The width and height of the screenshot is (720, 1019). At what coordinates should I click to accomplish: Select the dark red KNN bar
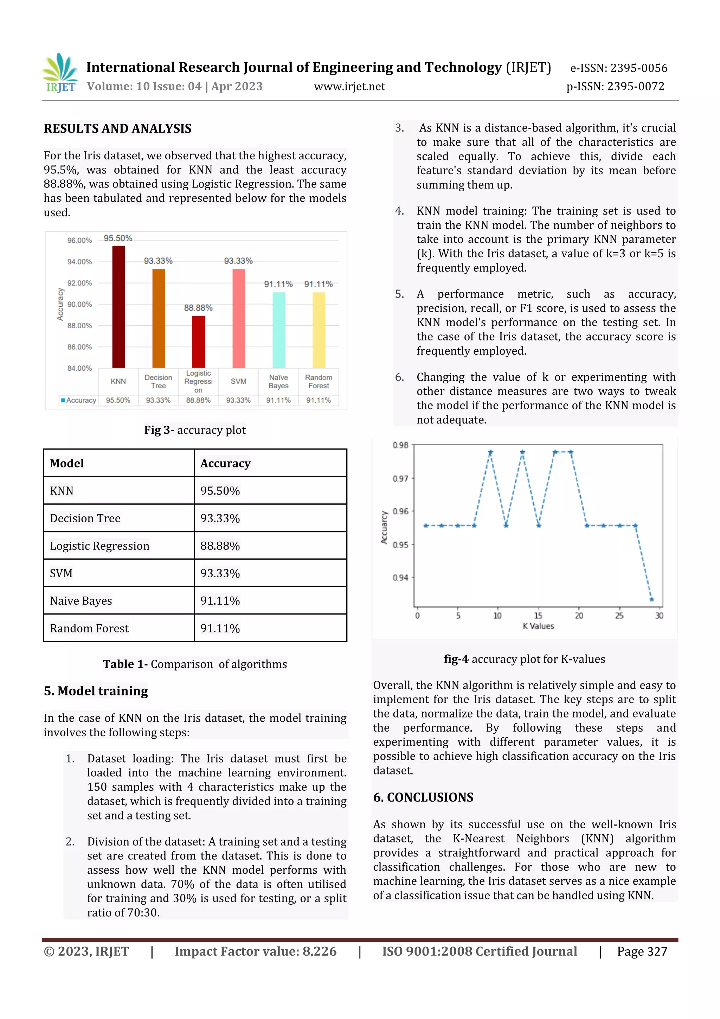coord(118,306)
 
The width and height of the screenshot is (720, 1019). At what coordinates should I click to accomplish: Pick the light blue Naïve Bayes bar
coord(278,329)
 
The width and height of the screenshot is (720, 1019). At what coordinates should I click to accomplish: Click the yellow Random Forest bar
coord(319,329)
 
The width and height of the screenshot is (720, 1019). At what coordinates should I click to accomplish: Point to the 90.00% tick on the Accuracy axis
coord(79,305)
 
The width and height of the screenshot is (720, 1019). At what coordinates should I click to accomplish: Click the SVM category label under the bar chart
coord(238,381)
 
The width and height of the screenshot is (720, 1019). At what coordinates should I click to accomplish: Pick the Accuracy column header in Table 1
coord(225,463)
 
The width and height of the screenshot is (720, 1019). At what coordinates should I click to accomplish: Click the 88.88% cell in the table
coord(220,546)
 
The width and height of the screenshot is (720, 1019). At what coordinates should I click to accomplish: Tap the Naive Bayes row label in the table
coord(81,601)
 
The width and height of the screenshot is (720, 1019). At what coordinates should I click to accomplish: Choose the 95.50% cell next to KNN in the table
coord(220,491)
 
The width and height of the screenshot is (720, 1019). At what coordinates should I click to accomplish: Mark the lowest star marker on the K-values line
coord(651,599)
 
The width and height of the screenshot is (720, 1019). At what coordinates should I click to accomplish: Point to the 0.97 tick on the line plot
coord(400,478)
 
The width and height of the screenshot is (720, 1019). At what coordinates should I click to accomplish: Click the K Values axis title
coord(538,626)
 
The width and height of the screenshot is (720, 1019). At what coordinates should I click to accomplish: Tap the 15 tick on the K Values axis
coord(538,616)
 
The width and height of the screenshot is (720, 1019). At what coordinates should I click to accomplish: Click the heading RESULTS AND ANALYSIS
coord(117,129)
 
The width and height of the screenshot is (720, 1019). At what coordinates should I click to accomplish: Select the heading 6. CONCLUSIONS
coord(423,797)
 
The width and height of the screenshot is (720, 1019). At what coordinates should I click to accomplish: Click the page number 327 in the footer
coord(657,951)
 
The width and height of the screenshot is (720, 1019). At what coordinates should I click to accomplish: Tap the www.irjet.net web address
coord(349,87)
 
